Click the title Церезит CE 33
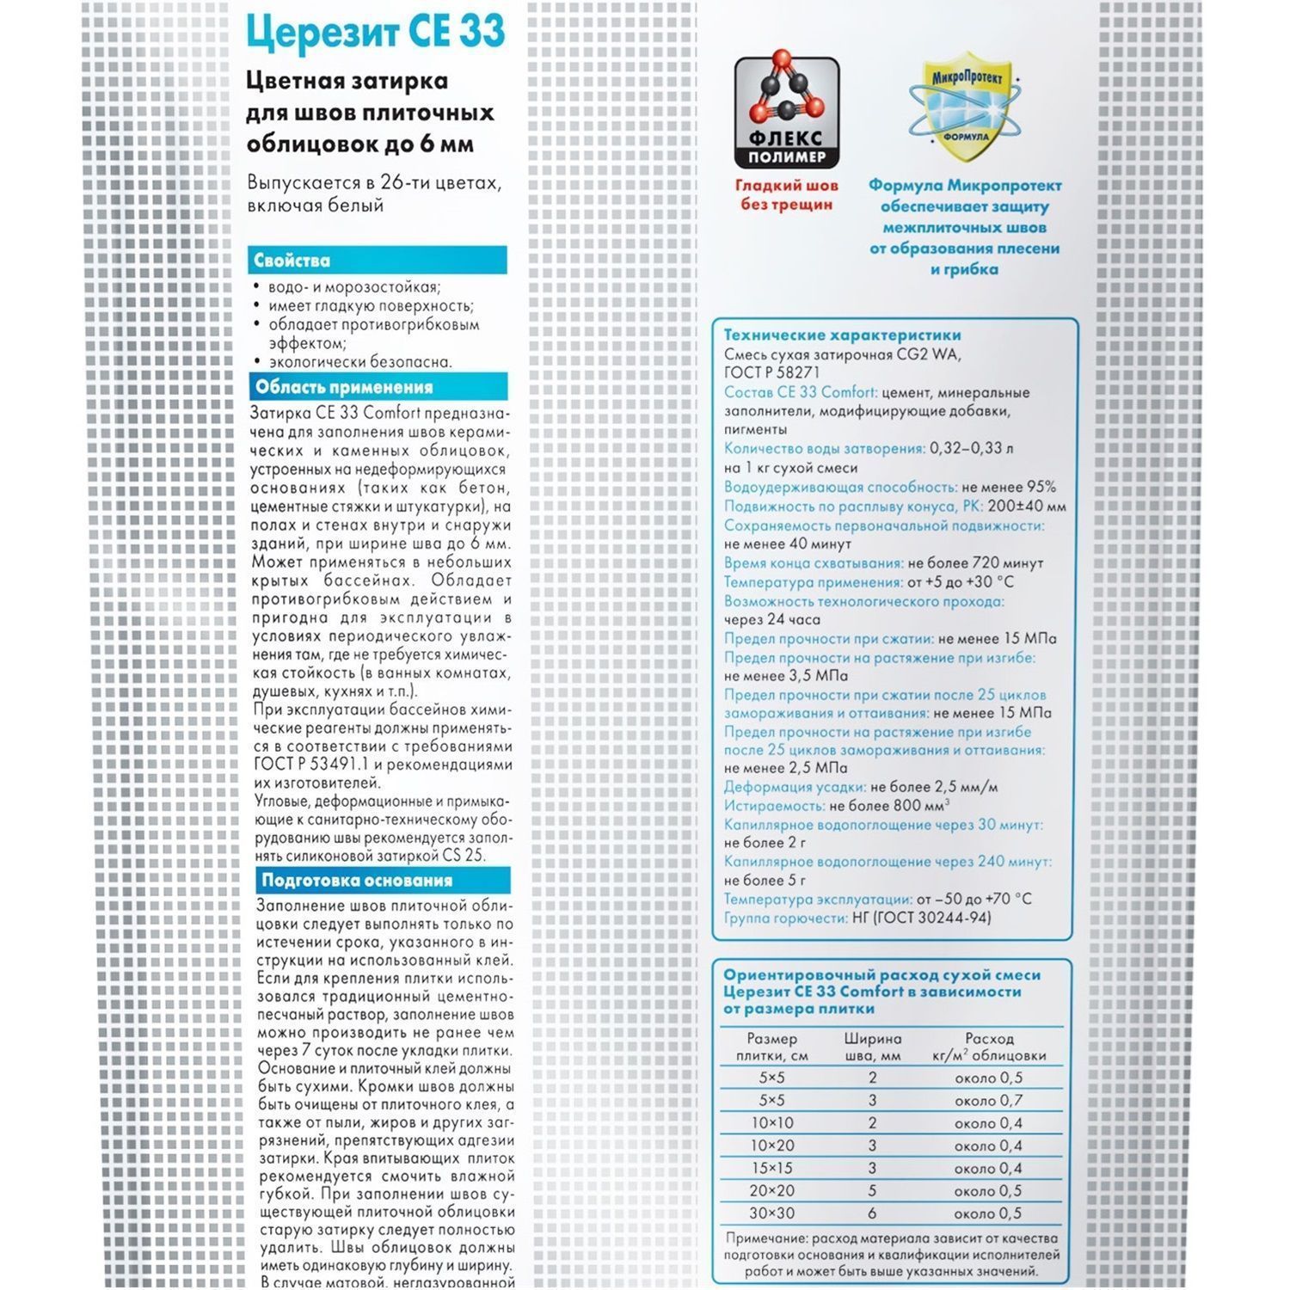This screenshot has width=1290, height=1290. click(375, 33)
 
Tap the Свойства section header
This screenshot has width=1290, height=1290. click(292, 261)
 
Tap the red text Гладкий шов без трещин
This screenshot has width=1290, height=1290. click(786, 195)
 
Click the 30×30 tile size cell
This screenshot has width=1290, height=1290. click(771, 1213)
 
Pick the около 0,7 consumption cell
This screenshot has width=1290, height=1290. click(988, 1100)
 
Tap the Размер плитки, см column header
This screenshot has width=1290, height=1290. click(771, 1047)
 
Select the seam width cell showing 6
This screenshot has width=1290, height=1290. click(872, 1213)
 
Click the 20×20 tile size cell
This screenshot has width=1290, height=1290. click(771, 1191)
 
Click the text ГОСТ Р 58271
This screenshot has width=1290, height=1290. click(771, 373)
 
